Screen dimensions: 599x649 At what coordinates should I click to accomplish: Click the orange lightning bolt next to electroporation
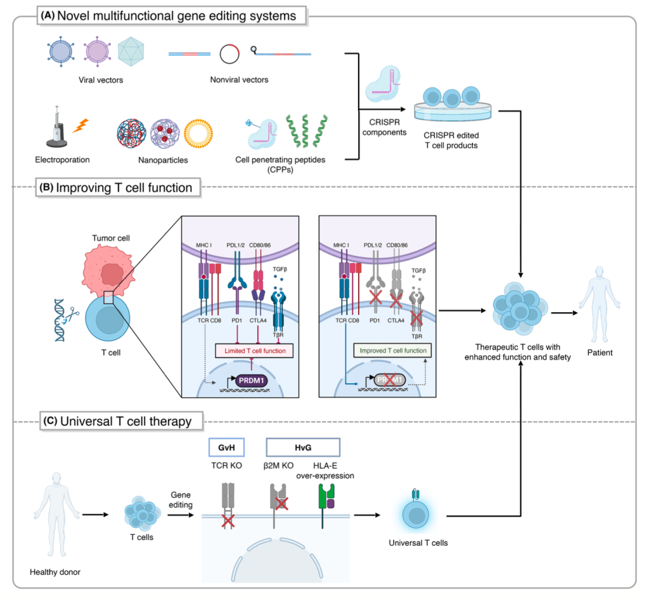[80, 127]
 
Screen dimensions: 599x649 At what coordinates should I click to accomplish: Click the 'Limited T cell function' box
[252, 352]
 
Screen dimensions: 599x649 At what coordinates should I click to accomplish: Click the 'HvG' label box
[302, 448]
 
